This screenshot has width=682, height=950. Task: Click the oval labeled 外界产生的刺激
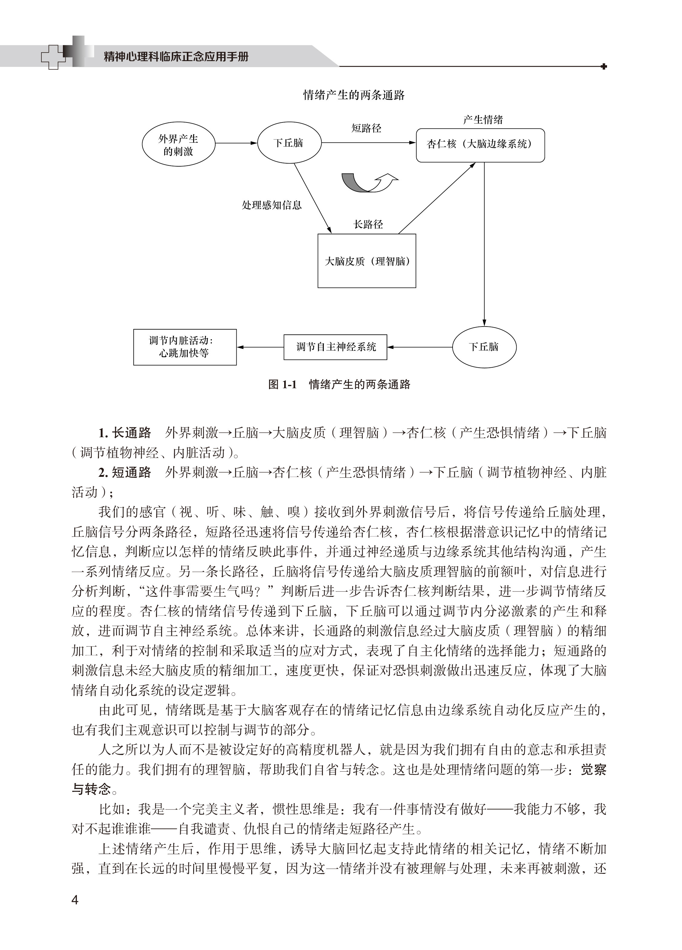coord(178,145)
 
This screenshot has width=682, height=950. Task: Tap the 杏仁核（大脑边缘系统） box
coord(480,145)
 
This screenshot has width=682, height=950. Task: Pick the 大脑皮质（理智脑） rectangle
coord(367,261)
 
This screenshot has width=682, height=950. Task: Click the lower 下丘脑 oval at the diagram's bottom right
coord(484,347)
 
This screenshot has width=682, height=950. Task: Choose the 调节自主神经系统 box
coord(335,347)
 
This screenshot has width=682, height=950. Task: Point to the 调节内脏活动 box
coord(185,347)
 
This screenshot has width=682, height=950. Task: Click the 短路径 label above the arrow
coord(366,128)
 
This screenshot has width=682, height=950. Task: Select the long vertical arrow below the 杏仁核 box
coord(484,243)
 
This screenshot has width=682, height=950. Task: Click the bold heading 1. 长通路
coord(125,433)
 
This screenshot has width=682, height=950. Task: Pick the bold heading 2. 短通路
coord(125,473)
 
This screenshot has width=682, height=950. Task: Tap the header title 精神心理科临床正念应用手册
coord(176,56)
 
